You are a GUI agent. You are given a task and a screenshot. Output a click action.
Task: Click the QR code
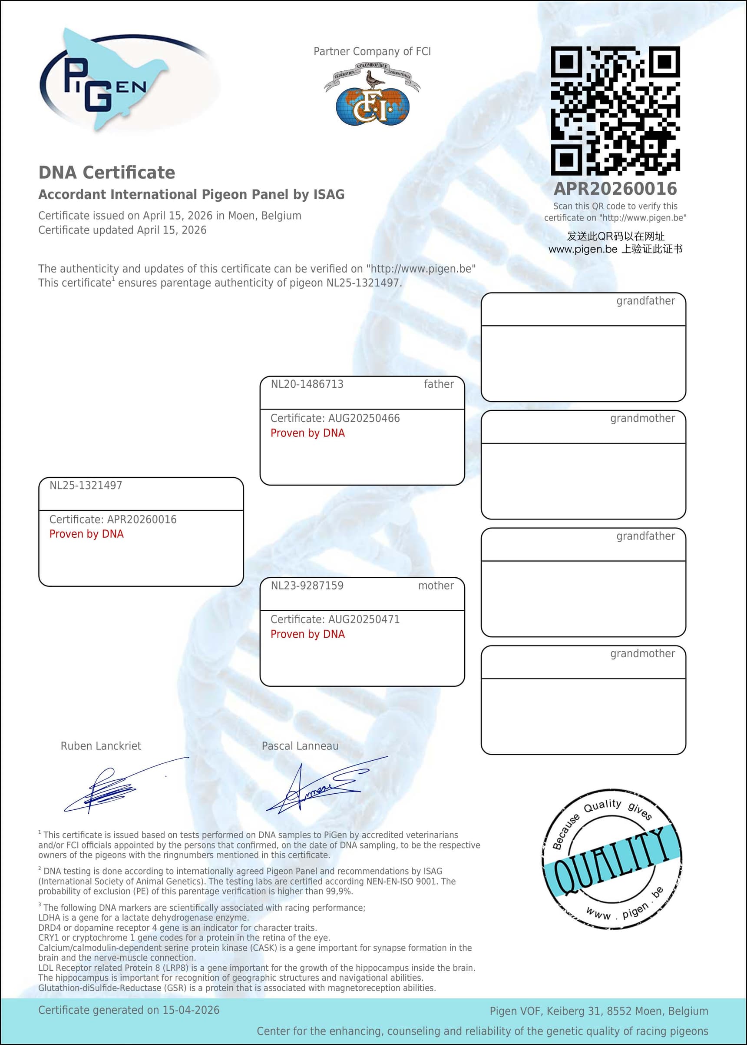[615, 110]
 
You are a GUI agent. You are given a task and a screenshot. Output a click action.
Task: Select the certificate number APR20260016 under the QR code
[615, 189]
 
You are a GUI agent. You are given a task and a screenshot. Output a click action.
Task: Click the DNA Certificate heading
[107, 173]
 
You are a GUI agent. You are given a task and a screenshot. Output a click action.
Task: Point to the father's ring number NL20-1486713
[307, 384]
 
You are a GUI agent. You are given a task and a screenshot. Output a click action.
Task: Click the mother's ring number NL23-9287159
[307, 586]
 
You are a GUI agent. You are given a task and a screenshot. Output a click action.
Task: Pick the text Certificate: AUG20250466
[335, 418]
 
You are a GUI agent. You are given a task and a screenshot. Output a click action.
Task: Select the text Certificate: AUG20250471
[335, 619]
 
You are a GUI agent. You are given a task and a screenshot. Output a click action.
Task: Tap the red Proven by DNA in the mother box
[307, 634]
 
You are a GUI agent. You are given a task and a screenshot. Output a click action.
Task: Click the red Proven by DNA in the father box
[307, 433]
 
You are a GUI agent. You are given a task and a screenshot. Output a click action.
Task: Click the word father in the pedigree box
[438, 384]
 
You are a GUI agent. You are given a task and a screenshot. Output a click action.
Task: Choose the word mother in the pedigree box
[436, 586]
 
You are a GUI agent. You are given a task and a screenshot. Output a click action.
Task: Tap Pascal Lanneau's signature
[322, 788]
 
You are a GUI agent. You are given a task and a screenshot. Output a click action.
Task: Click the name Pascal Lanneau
[300, 746]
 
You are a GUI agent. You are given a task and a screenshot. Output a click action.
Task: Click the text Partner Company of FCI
[372, 52]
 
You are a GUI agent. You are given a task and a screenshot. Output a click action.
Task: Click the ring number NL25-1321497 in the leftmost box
[86, 485]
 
